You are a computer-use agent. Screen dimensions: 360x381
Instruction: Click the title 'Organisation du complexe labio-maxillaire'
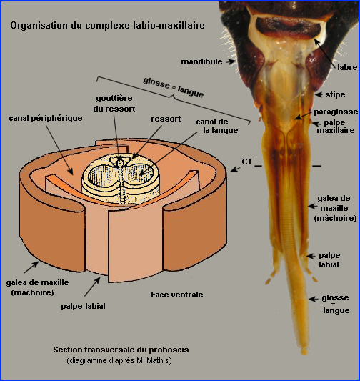107,26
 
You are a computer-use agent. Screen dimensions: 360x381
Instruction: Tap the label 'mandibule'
201,61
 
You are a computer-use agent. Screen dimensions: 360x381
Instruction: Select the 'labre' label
347,67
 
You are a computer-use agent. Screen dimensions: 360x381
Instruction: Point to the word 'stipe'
335,94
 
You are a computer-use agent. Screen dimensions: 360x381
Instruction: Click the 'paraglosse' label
336,112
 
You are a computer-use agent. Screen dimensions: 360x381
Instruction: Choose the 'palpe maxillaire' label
336,127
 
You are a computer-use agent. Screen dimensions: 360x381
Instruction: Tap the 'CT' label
246,162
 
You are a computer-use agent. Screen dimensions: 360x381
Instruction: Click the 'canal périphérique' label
46,119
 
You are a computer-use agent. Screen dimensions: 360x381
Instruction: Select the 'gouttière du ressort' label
114,103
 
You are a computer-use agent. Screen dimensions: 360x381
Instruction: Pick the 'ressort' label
166,119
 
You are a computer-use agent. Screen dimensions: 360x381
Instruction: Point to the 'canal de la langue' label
216,126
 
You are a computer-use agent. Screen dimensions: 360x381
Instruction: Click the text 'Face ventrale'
177,295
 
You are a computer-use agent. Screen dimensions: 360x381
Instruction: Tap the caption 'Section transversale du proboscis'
121,350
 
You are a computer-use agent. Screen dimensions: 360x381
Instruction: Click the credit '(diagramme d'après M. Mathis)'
119,360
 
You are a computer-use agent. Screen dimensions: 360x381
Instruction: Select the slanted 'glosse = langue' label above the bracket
174,87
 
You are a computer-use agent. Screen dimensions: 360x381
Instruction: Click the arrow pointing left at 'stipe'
319,94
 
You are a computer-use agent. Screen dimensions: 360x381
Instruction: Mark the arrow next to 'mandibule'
231,61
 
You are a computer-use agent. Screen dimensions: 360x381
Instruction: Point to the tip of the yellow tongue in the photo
304,353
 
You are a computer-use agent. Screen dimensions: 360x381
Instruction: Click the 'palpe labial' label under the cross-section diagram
83,306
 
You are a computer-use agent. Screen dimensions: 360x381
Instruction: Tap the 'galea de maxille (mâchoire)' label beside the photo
335,208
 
